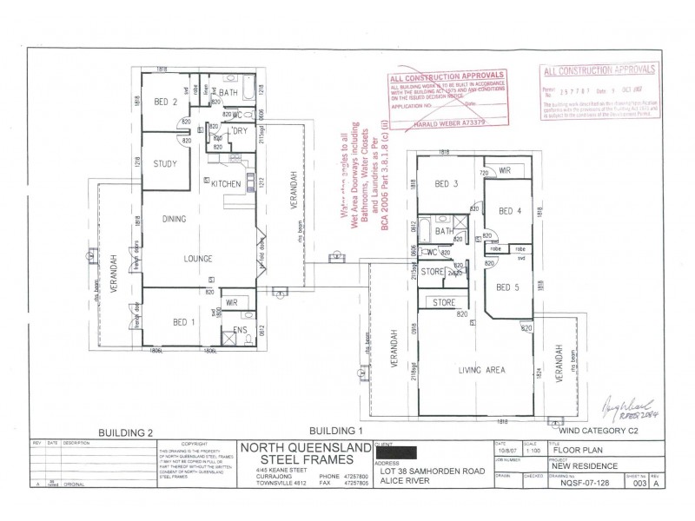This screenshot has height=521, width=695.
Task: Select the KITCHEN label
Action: point(225,183)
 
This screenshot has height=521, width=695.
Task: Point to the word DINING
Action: point(175,220)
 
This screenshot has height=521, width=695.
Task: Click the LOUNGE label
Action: point(198,258)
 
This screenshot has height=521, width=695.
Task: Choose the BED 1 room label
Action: point(184,322)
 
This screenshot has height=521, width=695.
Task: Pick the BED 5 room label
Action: point(508,287)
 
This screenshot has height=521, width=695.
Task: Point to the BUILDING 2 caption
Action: point(126,432)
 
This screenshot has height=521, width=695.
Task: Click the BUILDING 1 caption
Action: point(335,431)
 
